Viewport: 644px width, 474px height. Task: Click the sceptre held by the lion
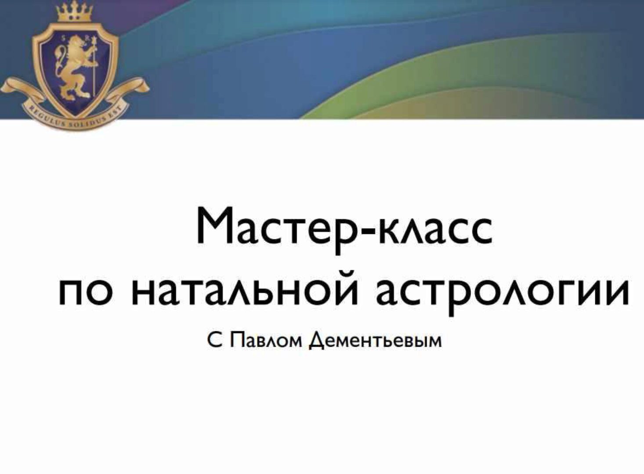pos(94,66)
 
